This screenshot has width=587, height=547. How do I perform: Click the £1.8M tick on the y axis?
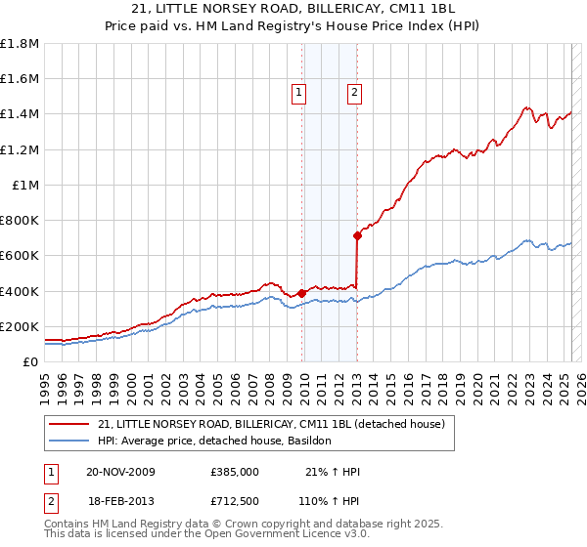[21, 44]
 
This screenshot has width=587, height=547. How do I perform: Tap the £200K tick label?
[20, 326]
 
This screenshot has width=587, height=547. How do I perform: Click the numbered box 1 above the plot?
[298, 94]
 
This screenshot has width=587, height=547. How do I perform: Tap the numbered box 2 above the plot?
[353, 94]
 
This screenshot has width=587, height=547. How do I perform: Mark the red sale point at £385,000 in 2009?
[302, 292]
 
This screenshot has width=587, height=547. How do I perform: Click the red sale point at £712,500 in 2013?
[358, 234]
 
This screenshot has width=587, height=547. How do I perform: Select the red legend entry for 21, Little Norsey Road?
[271, 424]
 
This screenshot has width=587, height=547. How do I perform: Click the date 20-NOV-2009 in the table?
[121, 472]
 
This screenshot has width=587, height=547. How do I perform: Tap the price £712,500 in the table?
[234, 500]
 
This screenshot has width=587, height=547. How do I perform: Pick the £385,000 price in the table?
[234, 472]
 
